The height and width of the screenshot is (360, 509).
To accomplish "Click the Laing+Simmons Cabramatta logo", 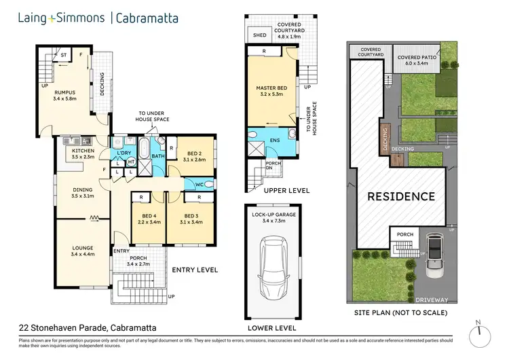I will pyautogui.click(x=98, y=18).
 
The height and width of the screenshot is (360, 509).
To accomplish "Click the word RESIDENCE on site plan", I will pyautogui.click(x=400, y=197).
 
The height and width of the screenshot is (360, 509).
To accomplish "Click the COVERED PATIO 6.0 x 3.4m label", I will pyautogui.click(x=418, y=60).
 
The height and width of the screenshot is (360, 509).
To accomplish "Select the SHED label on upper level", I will pyautogui.click(x=259, y=35).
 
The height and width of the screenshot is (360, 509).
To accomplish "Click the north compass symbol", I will pyautogui.click(x=483, y=334).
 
